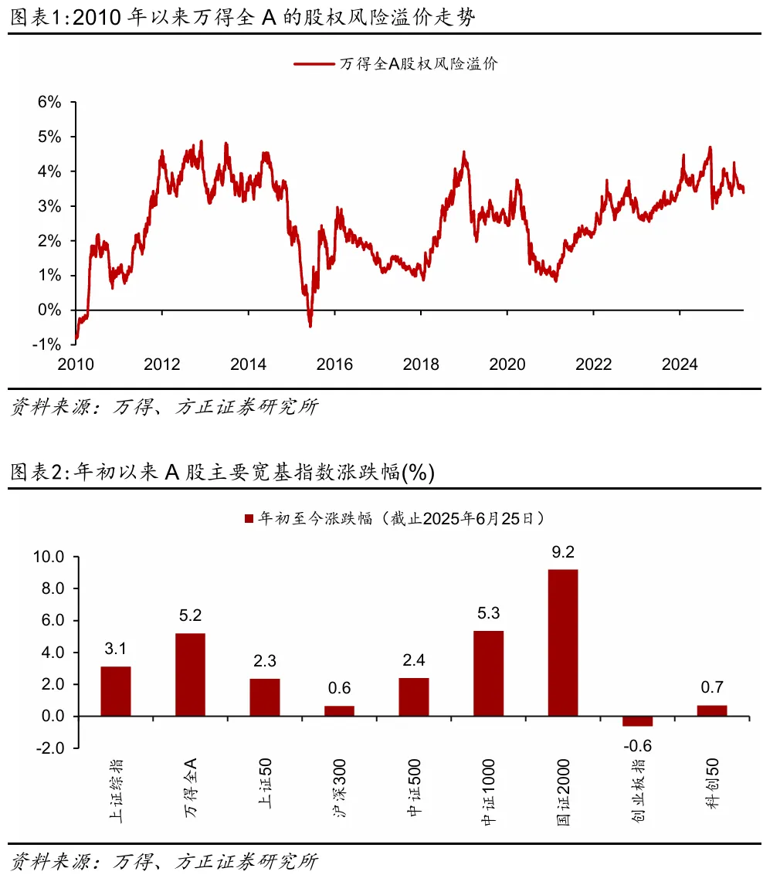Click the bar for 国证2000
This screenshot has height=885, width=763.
point(563,643)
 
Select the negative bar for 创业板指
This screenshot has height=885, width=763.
point(637,721)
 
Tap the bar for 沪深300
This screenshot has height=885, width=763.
point(339,711)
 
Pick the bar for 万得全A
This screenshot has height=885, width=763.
point(190,674)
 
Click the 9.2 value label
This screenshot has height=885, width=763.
point(563,553)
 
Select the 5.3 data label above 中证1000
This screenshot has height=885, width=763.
point(488,614)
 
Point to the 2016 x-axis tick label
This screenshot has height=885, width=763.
point(334,365)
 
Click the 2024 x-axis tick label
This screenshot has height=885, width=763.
point(680,365)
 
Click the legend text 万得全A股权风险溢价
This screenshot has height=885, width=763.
point(419,65)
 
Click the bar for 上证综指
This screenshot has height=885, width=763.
point(116,691)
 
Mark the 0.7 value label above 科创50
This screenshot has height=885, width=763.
point(711,688)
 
